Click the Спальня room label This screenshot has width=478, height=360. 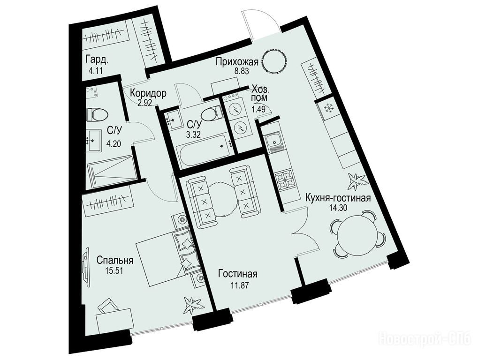(x=115, y=261)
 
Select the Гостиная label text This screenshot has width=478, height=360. (x=238, y=274)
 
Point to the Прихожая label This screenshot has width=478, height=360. (x=237, y=62)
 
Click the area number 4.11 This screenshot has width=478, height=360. (x=95, y=71)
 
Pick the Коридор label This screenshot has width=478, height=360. (x=148, y=93)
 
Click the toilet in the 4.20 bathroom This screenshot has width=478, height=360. (x=97, y=114)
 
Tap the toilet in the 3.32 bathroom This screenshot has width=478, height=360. (x=211, y=113)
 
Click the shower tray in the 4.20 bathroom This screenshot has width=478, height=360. (x=111, y=172)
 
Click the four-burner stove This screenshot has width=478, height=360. (x=285, y=180)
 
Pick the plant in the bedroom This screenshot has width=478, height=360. (x=192, y=305)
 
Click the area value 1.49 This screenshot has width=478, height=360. (x=258, y=109)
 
